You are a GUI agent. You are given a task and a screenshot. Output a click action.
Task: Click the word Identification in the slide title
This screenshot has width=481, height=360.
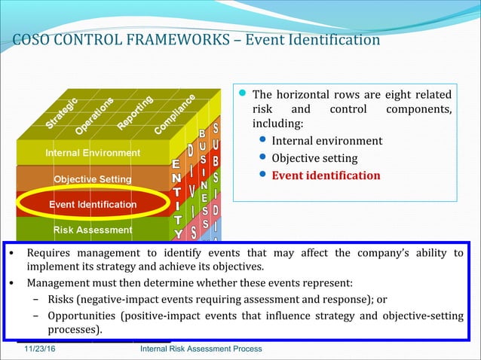[x=335, y=40]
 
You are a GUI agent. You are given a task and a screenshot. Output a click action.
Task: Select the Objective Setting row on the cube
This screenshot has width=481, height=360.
[x=92, y=179]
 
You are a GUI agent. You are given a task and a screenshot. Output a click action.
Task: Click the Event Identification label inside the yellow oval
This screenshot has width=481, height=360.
[x=93, y=204]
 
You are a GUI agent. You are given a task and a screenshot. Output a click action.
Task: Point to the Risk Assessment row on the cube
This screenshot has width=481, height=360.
[x=93, y=230]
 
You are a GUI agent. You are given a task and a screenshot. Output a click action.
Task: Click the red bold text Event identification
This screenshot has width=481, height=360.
[x=326, y=175]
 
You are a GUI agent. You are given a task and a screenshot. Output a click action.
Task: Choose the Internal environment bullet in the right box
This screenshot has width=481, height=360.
[x=326, y=141]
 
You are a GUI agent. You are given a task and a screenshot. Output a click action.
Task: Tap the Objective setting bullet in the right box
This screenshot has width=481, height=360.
[x=314, y=158]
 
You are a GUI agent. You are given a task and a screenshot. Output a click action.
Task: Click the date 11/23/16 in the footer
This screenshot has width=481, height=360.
[x=39, y=349]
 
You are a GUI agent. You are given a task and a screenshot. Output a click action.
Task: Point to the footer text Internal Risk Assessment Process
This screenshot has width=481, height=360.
[x=201, y=349]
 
